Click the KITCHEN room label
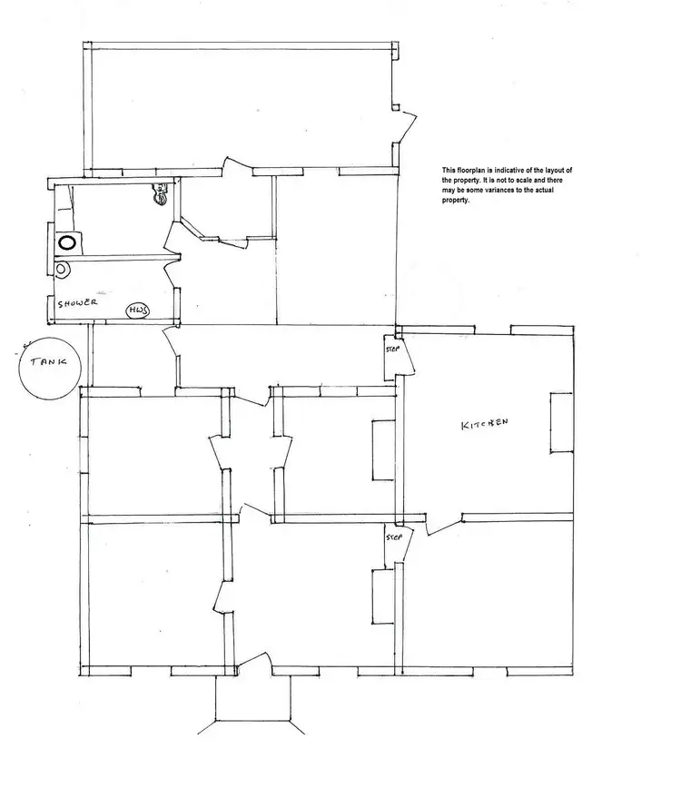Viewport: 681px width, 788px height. (x=483, y=425)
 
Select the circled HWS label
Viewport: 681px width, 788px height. (x=137, y=310)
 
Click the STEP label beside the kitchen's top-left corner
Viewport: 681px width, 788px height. (x=392, y=349)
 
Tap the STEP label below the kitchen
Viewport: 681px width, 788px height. (x=393, y=537)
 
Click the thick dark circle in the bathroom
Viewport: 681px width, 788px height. (x=66, y=243)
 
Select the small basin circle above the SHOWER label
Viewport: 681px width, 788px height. (x=61, y=269)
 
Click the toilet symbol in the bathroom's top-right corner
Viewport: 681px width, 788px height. (x=160, y=192)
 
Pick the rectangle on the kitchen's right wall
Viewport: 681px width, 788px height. (x=560, y=422)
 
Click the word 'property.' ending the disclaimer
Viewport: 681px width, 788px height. (x=457, y=201)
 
